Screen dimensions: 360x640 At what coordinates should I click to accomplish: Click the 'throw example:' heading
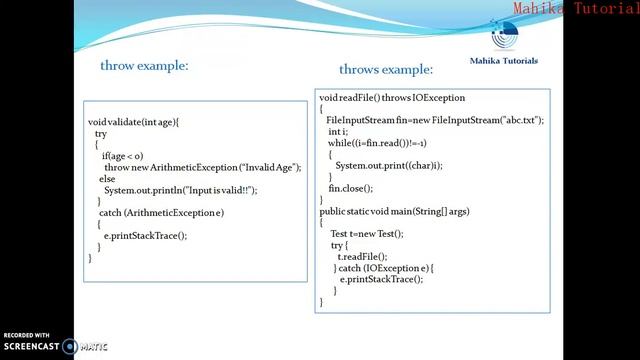tap(144, 66)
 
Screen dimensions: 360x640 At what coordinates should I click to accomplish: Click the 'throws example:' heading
tap(385, 70)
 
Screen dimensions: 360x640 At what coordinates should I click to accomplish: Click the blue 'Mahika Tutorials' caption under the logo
tap(503, 61)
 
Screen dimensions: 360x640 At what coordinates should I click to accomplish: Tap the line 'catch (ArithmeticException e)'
tap(161, 213)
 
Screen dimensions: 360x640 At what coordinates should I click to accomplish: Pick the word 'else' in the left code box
tap(107, 178)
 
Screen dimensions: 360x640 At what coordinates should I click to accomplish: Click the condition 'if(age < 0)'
tap(122, 156)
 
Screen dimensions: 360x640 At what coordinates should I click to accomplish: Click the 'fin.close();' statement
tap(350, 188)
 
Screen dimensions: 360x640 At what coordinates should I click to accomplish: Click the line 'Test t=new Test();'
tap(366, 233)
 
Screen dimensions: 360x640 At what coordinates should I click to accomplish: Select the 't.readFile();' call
tap(359, 256)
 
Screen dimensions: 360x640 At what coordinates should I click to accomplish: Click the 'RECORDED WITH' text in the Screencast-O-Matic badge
tap(26, 335)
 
